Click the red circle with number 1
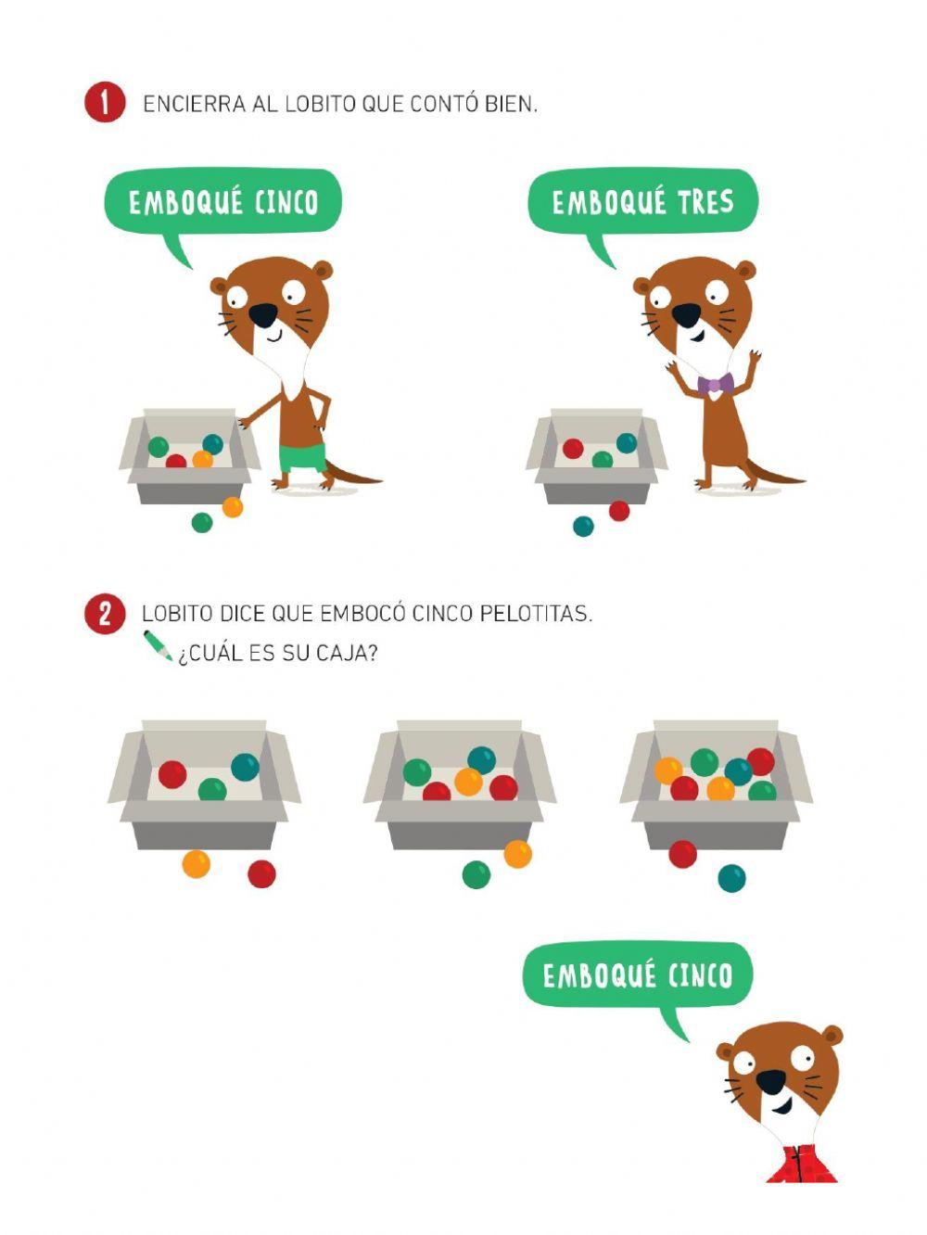coord(104,103)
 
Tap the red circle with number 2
coord(104,614)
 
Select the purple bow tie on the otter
coord(715,384)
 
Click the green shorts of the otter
coord(302,457)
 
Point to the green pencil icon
coord(157,646)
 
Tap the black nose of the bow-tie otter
coord(686,315)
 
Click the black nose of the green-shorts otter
coord(262,315)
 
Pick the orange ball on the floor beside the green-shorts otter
coord(233,507)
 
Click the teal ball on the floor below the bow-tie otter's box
coord(583,527)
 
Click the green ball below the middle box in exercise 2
coord(476,874)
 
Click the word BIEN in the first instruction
coord(510,104)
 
